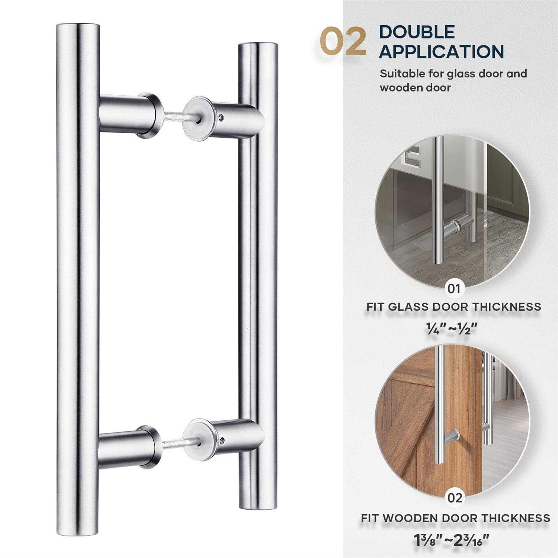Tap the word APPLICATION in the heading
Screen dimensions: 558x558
click(441, 51)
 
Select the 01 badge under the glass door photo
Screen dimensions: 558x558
click(453, 288)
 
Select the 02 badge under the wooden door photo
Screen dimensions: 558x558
click(455, 498)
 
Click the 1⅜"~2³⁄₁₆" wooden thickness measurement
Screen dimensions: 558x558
click(452, 539)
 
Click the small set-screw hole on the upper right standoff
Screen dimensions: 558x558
click(222, 117)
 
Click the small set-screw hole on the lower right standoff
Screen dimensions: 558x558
click(222, 441)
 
